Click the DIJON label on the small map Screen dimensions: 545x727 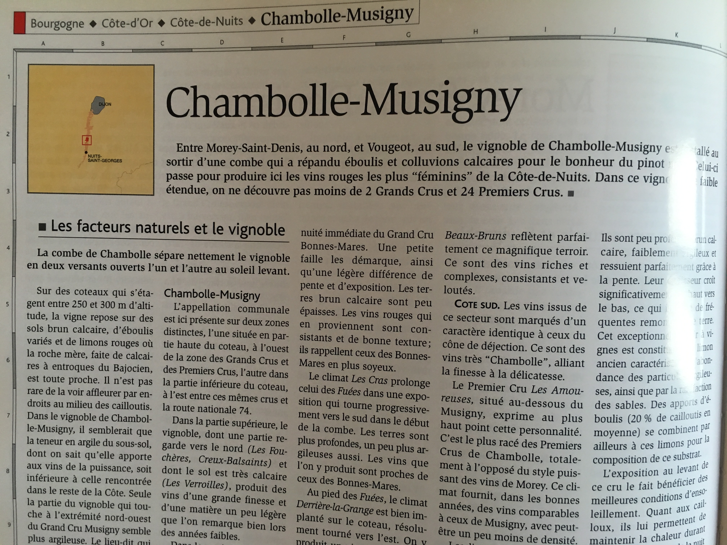[x=105, y=104]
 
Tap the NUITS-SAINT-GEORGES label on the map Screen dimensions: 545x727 [x=105, y=158]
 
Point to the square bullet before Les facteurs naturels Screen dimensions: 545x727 [x=42, y=227]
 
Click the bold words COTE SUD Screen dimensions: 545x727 [x=477, y=305]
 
